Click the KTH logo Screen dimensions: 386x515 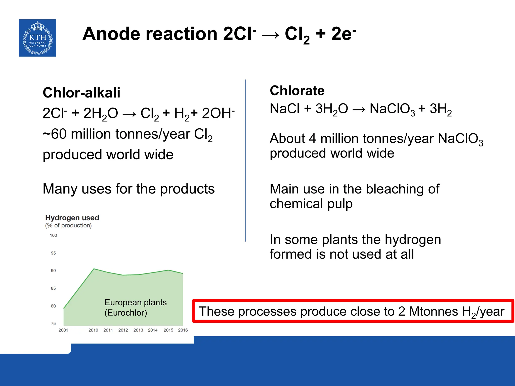(38, 38)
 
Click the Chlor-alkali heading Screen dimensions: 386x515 (81, 92)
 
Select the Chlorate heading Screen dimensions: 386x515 (297, 90)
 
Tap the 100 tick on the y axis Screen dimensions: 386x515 (53, 235)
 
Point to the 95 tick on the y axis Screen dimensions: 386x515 (53, 253)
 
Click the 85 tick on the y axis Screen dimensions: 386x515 (53, 288)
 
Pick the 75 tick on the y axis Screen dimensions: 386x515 (53, 323)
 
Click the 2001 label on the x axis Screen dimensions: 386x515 (63, 330)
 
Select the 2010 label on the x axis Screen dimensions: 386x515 (93, 330)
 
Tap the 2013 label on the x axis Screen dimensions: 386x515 (138, 330)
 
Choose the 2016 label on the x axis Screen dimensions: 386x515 (183, 330)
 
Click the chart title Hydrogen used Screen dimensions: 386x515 (72, 218)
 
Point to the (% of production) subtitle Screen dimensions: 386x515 (68, 225)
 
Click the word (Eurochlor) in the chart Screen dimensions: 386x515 (126, 313)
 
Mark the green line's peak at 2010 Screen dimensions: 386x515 (94, 269)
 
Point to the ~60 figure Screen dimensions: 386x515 (55, 134)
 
